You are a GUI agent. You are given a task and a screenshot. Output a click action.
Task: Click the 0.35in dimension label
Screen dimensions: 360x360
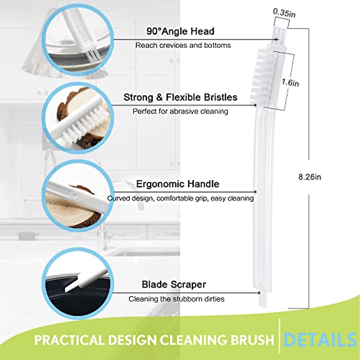point(284,13)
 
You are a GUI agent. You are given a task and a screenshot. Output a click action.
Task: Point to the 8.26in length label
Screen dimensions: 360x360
point(310,177)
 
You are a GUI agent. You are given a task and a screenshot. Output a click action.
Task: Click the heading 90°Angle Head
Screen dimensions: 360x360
point(180,31)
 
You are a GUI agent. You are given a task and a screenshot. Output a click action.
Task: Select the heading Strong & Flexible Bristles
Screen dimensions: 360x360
point(180,97)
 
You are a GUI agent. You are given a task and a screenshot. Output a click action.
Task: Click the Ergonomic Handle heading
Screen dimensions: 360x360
point(178,184)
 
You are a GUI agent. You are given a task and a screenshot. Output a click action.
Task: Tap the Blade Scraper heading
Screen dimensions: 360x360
point(174,284)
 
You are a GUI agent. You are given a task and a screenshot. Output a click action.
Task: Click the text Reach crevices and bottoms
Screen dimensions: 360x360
point(183,45)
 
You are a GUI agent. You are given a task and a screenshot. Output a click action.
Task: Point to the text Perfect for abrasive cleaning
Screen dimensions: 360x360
point(180,111)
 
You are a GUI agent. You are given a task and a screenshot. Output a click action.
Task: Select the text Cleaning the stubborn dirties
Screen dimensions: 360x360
point(176,299)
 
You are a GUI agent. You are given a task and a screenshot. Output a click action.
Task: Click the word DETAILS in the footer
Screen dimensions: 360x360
point(320,340)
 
